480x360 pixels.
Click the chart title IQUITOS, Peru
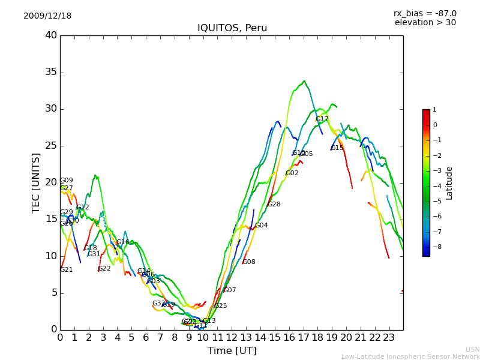tap(232, 28)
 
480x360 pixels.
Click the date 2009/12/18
tap(47, 16)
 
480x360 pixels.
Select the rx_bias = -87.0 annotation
tap(425, 13)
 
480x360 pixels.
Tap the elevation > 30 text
tap(425, 23)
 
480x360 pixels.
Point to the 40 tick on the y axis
tap(51, 35)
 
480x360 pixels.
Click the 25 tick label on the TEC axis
tap(51, 146)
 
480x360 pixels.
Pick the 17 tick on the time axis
tap(303, 338)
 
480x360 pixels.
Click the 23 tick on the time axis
tap(389, 338)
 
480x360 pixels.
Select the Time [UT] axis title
tap(232, 351)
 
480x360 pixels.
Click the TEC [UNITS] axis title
tap(36, 182)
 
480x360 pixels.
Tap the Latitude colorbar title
tap(449, 182)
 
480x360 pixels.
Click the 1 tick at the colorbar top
tap(434, 110)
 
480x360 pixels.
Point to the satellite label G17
tap(322, 119)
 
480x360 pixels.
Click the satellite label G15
tap(337, 148)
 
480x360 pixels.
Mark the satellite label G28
tap(274, 205)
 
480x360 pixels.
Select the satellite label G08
tap(249, 262)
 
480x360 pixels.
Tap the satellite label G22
tap(104, 269)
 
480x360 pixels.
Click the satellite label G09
tap(67, 181)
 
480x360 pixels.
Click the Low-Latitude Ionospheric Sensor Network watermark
tap(410, 356)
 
